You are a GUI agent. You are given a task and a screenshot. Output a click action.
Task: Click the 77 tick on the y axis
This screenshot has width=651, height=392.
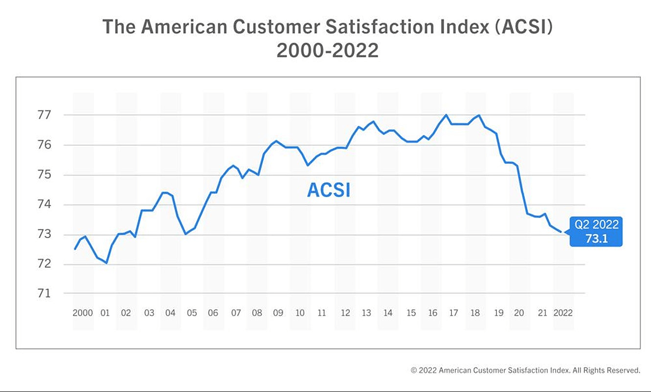pyautogui.click(x=45, y=115)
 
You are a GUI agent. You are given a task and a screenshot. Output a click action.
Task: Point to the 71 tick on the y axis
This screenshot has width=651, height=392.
pyautogui.click(x=45, y=293)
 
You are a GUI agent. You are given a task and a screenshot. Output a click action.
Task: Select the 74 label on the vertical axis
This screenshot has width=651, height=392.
pyautogui.click(x=45, y=205)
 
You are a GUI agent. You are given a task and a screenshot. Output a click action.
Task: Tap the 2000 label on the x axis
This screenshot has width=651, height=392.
pyautogui.click(x=83, y=313)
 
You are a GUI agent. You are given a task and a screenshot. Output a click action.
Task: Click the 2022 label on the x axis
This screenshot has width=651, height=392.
pyautogui.click(x=562, y=313)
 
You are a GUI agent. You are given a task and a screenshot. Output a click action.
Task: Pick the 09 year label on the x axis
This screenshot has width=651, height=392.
pyautogui.click(x=278, y=313)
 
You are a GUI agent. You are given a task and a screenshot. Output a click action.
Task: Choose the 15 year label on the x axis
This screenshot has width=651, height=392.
pyautogui.click(x=411, y=313)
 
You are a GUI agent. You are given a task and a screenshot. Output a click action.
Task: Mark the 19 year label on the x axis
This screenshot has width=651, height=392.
pyautogui.click(x=498, y=313)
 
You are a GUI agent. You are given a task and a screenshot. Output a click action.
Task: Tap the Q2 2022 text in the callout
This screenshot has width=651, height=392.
pyautogui.click(x=596, y=225)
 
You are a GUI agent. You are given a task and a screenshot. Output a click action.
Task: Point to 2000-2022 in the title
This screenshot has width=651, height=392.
pyautogui.click(x=327, y=50)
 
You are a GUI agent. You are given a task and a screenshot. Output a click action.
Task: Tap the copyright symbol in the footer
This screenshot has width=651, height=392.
pyautogui.click(x=414, y=370)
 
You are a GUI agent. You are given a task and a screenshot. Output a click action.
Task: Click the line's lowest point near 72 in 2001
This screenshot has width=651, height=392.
pyautogui.click(x=106, y=263)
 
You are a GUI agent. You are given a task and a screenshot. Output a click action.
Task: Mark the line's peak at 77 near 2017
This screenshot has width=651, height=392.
pyautogui.click(x=446, y=115)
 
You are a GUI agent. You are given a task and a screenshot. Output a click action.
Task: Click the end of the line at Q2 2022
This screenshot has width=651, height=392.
pyautogui.click(x=561, y=232)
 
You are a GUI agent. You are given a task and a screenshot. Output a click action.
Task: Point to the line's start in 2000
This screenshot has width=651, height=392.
pyautogui.click(x=75, y=249)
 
